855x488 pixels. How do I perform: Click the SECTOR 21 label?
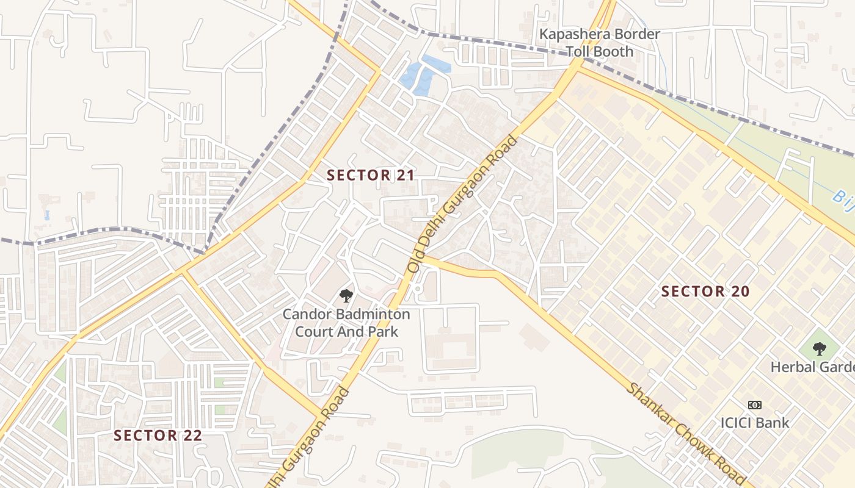pyautogui.click(x=371, y=176)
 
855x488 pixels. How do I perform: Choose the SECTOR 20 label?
pyautogui.click(x=705, y=292)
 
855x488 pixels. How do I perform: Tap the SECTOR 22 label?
pyautogui.click(x=158, y=436)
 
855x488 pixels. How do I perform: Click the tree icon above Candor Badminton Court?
pyautogui.click(x=346, y=296)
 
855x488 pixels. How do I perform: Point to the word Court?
pyautogui.click(x=317, y=332)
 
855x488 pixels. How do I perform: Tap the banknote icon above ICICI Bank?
pyautogui.click(x=755, y=405)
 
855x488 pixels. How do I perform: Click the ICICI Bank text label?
pyautogui.click(x=755, y=422)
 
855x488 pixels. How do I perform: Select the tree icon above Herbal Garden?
pyautogui.click(x=820, y=349)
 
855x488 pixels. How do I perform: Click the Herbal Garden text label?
pyautogui.click(x=812, y=367)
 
